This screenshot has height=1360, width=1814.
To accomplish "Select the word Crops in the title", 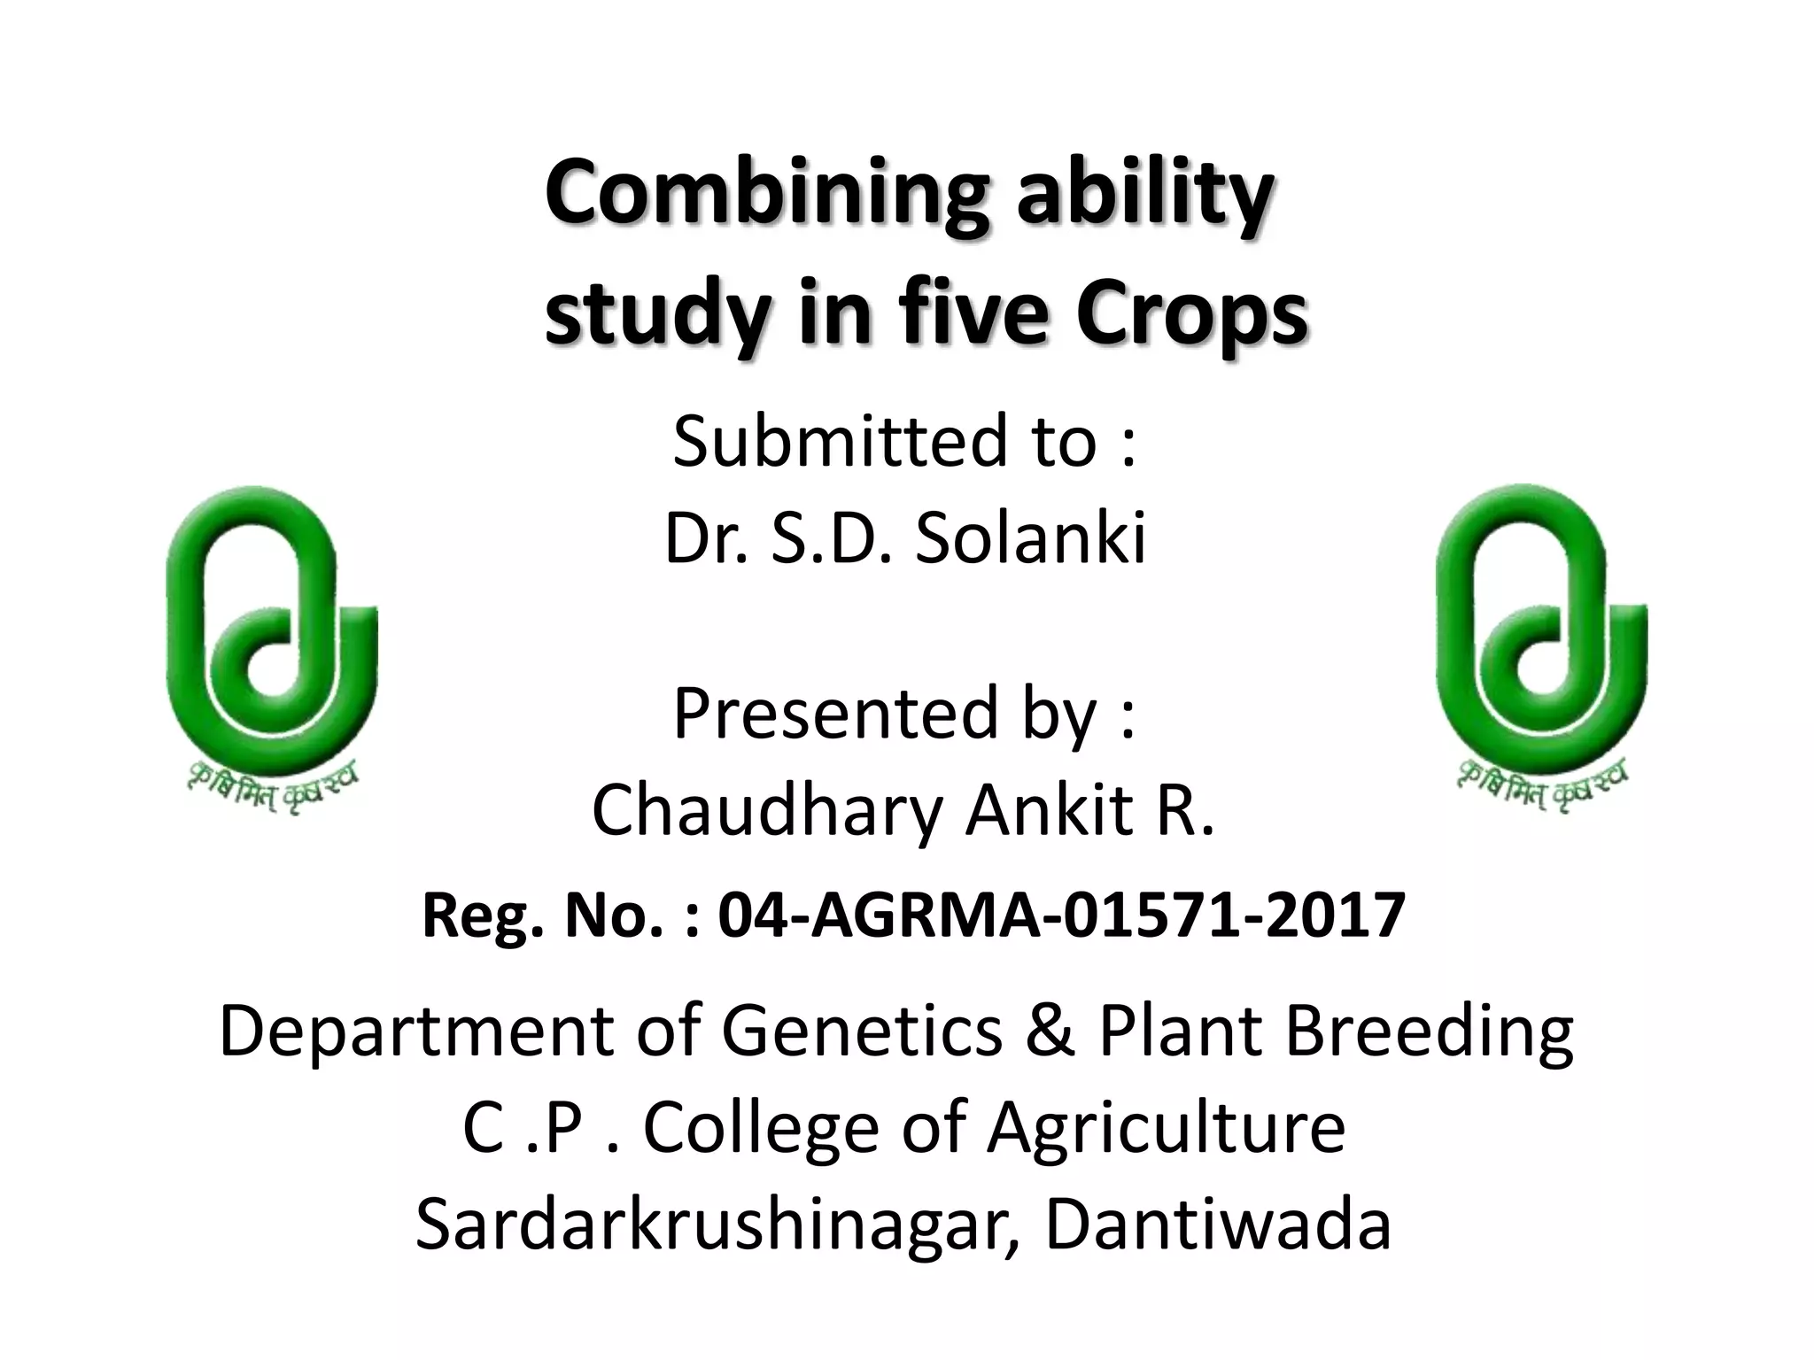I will (1190, 314).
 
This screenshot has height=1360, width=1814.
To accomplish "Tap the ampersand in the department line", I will (1050, 1031).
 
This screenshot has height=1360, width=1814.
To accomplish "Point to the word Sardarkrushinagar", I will (717, 1225).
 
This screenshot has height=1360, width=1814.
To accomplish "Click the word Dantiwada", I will (1218, 1225).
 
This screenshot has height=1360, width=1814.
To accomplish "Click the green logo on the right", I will (1541, 620).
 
